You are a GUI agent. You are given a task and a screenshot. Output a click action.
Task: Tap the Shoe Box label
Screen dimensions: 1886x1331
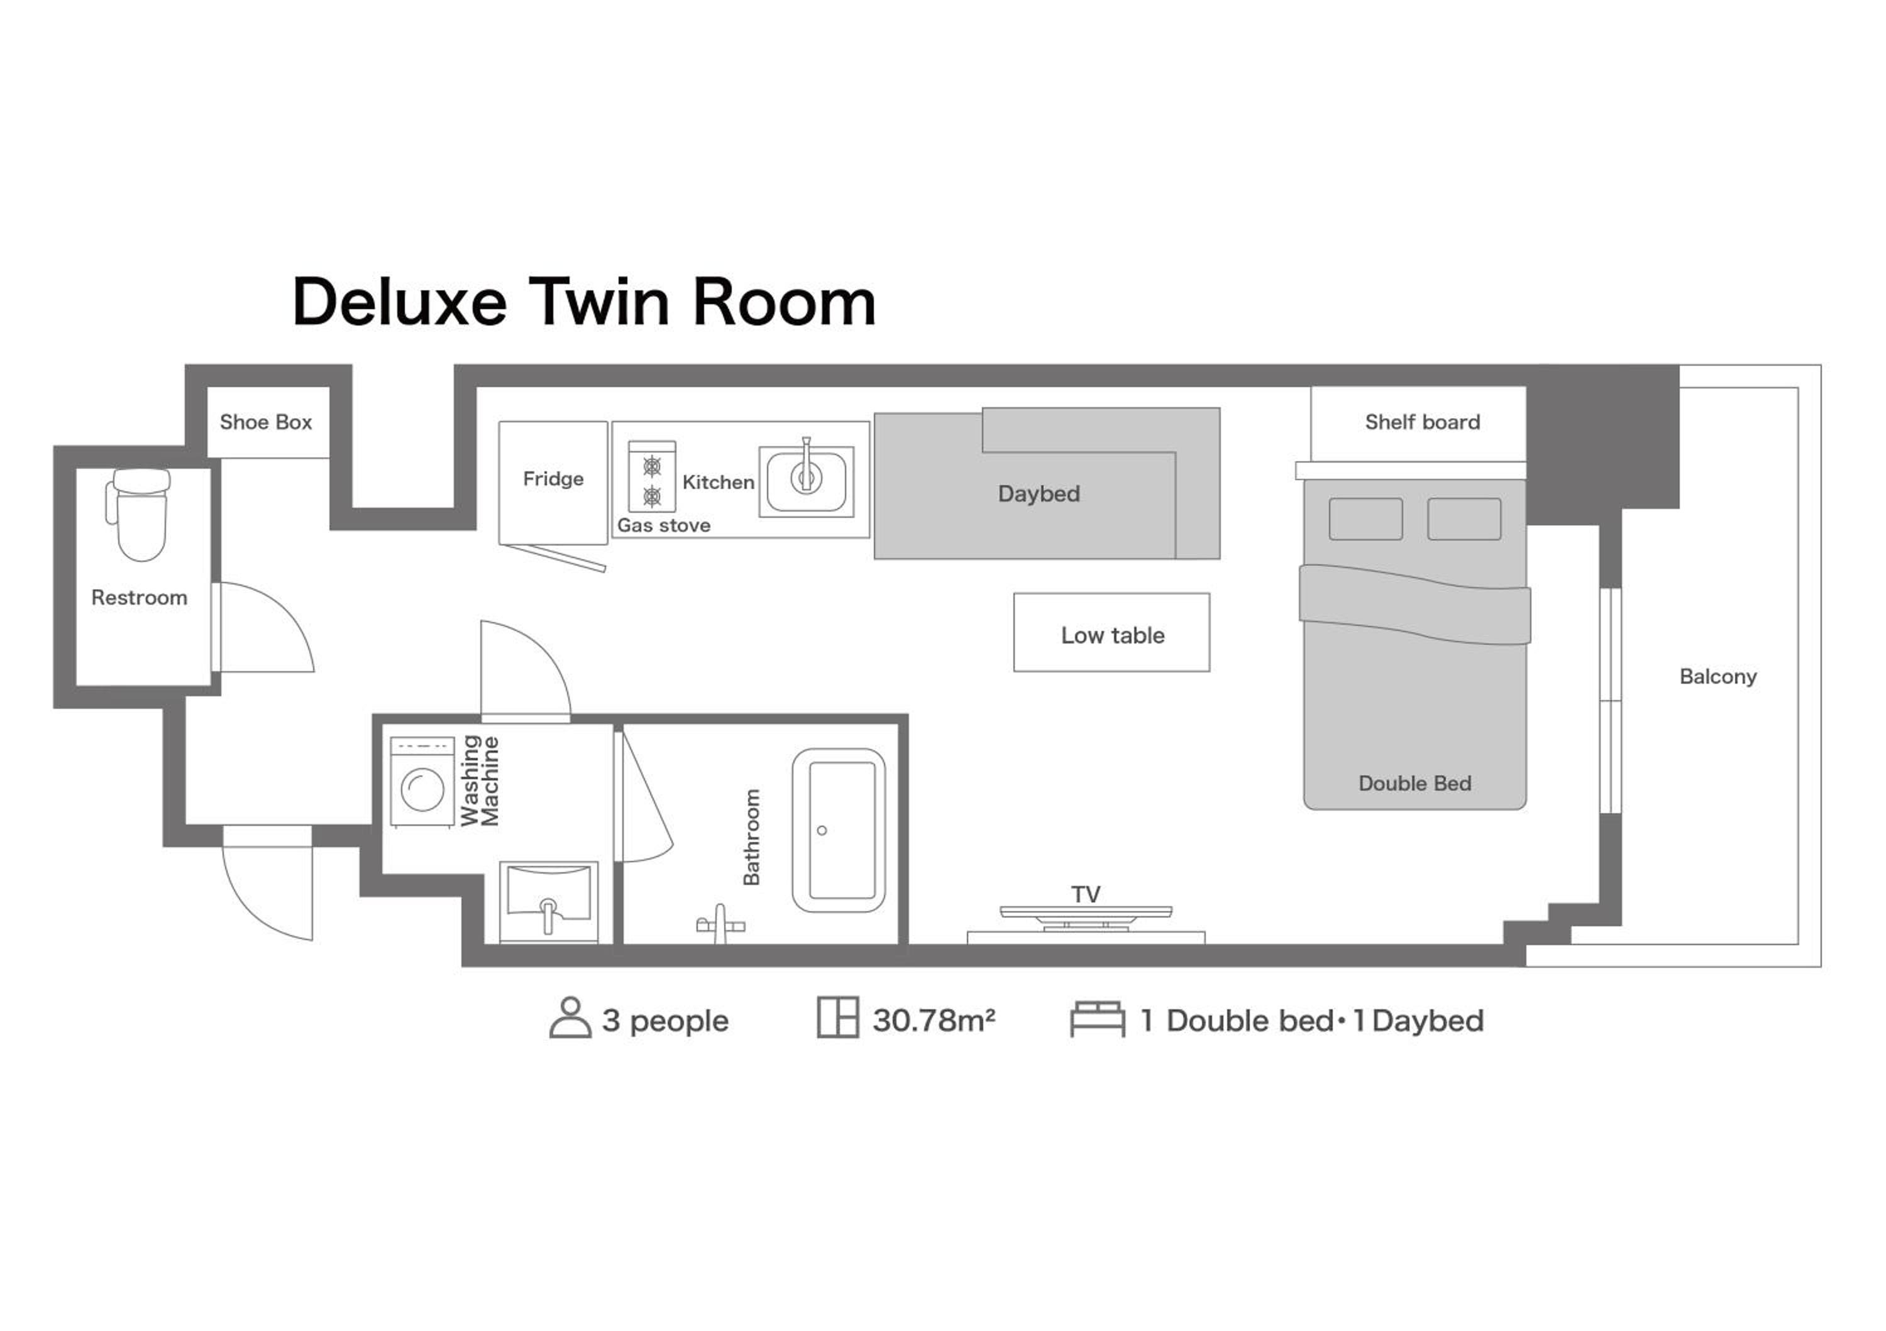pyautogui.click(x=265, y=422)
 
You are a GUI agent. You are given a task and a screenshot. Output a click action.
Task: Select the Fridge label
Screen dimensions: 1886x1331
pyautogui.click(x=553, y=479)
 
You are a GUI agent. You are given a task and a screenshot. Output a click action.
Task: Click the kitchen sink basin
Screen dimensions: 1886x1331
pyautogui.click(x=806, y=481)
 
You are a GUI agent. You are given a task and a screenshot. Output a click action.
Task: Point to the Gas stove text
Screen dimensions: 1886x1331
pyautogui.click(x=664, y=525)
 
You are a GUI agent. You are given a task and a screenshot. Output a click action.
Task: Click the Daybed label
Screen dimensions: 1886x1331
pyautogui.click(x=1039, y=493)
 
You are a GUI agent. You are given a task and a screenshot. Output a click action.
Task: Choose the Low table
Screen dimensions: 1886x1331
pyautogui.click(x=1111, y=632)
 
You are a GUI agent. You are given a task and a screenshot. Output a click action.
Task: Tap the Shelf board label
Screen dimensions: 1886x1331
pyautogui.click(x=1422, y=422)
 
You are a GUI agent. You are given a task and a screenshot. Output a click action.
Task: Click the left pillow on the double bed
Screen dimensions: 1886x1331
pyautogui.click(x=1365, y=519)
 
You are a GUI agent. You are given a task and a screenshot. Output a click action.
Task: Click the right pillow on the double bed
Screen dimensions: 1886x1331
pyautogui.click(x=1464, y=519)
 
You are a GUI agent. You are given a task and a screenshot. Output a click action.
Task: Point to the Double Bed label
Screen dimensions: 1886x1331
pyautogui.click(x=1414, y=783)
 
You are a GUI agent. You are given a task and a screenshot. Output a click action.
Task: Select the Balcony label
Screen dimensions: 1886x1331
pyautogui.click(x=1718, y=677)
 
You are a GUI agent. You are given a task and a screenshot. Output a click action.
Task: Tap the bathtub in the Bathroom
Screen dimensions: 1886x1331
pyautogui.click(x=839, y=830)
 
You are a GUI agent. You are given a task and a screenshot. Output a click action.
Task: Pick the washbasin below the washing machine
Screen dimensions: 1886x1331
pyautogui.click(x=549, y=901)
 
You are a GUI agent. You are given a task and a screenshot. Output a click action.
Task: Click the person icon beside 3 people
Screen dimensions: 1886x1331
pyautogui.click(x=570, y=1018)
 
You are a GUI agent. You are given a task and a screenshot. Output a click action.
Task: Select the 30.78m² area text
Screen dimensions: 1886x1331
pyautogui.click(x=933, y=1021)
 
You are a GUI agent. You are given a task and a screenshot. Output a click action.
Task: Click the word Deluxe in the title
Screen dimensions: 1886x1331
pyautogui.click(x=399, y=302)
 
